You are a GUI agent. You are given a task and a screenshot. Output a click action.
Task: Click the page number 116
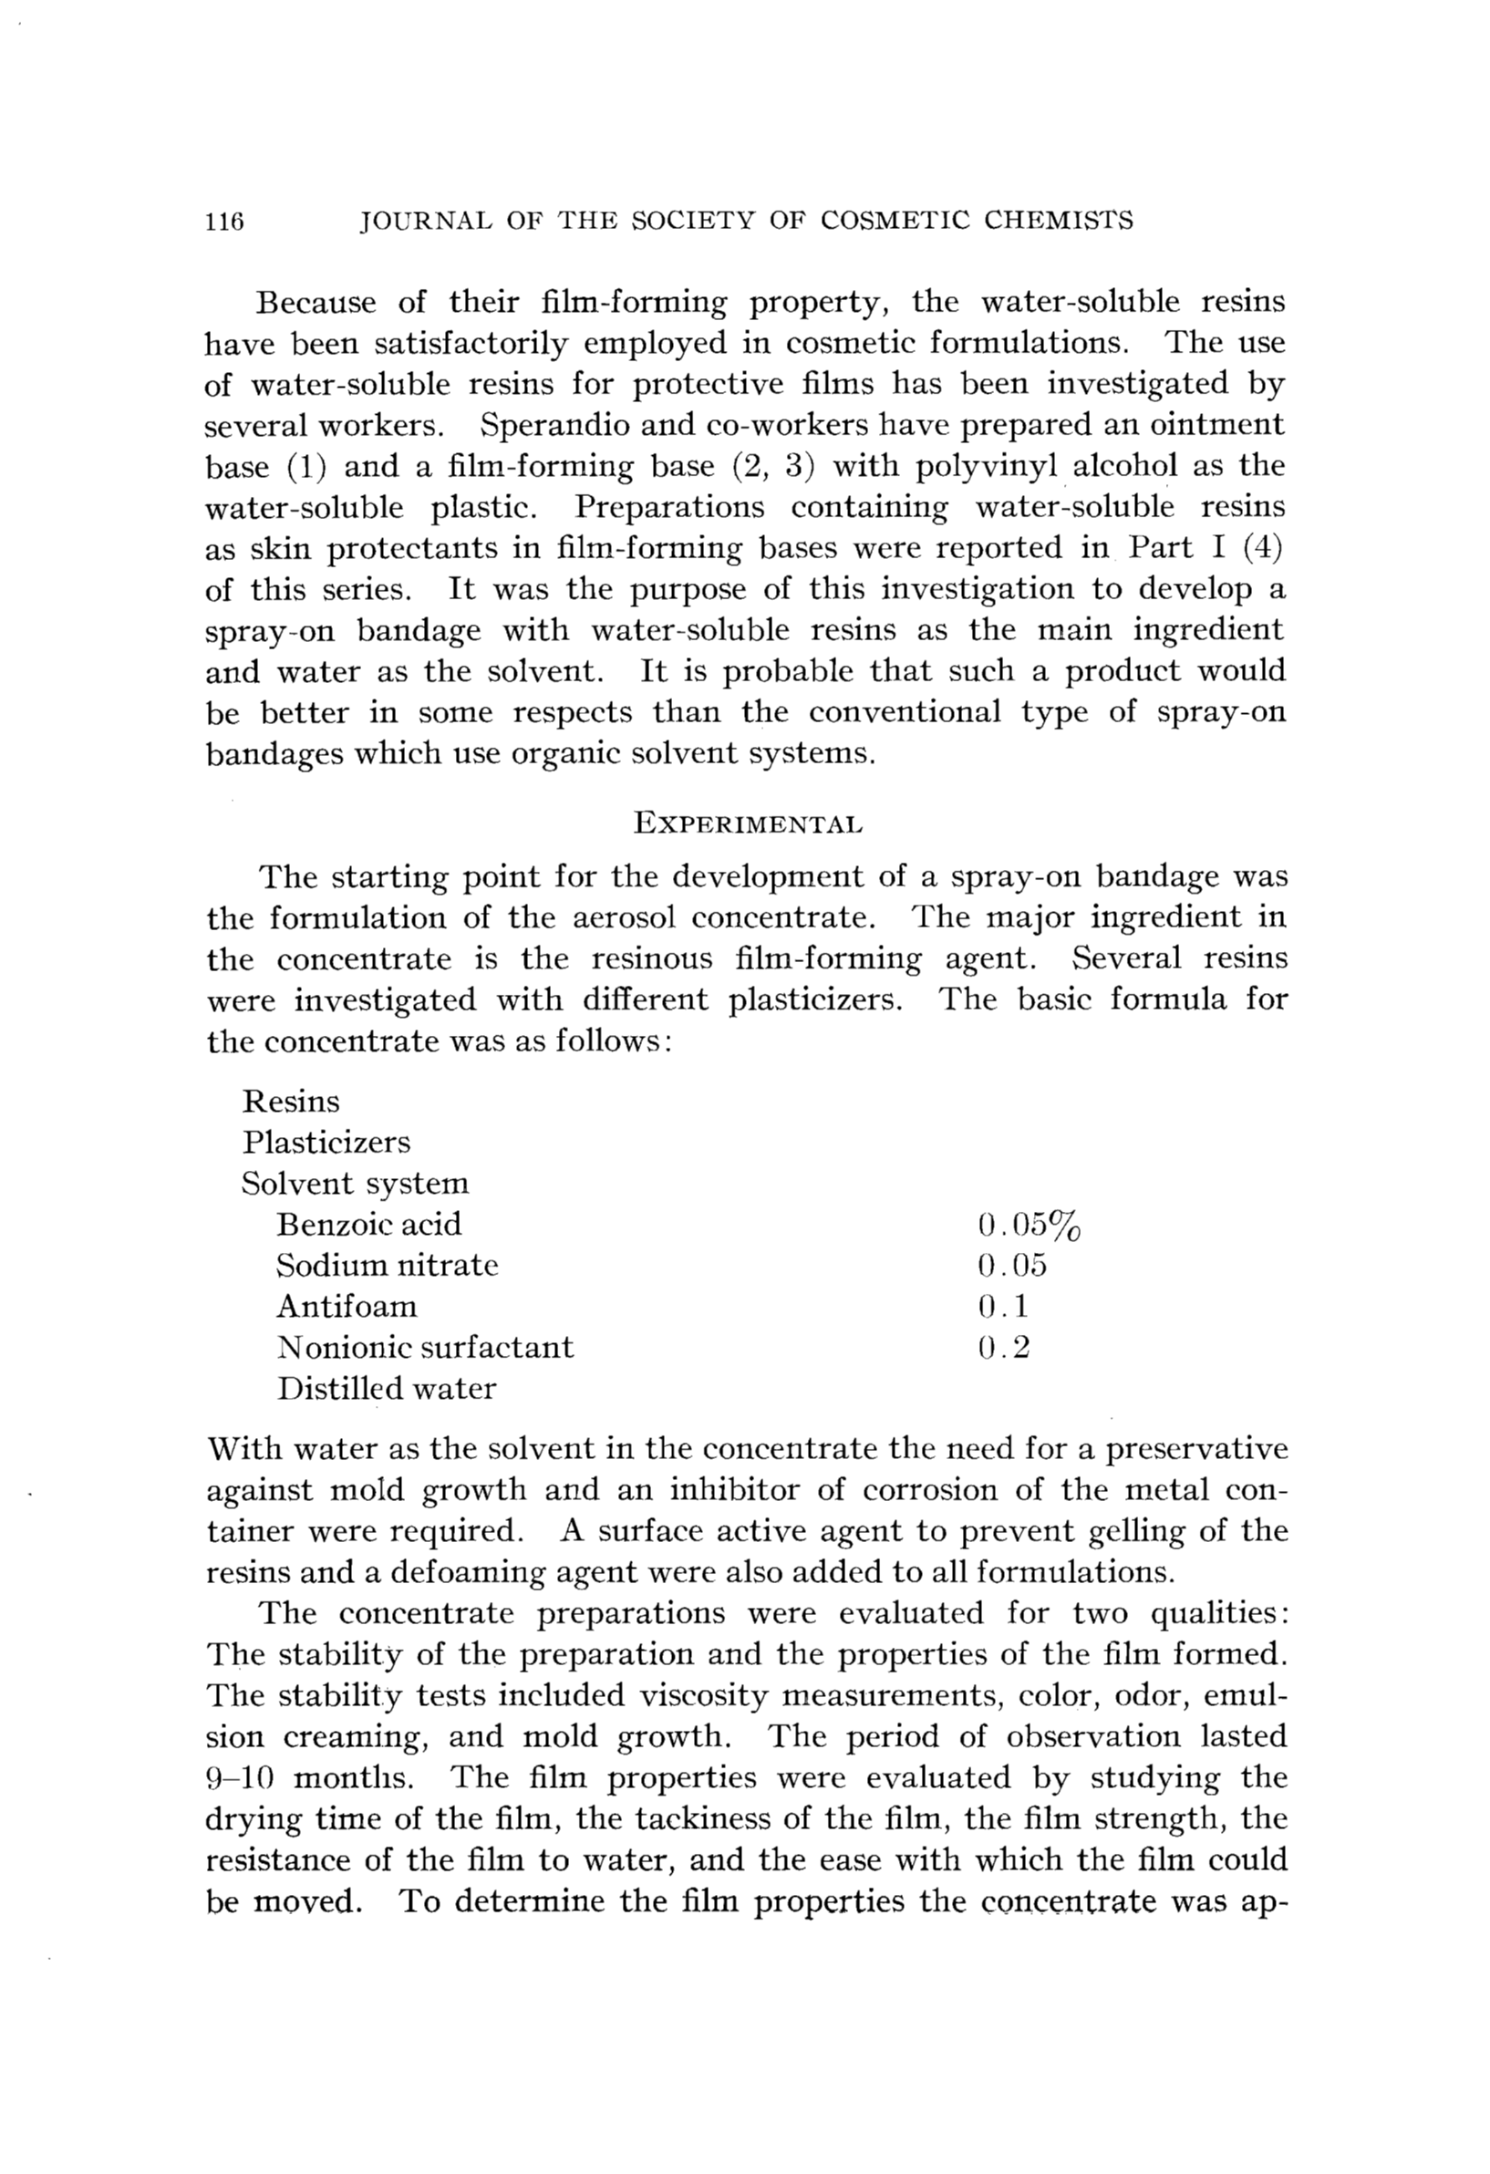pyautogui.click(x=224, y=222)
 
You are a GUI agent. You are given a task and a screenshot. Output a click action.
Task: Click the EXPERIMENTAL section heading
pyautogui.click(x=748, y=824)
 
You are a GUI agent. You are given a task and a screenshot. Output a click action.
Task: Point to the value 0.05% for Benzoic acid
pyautogui.click(x=1029, y=1225)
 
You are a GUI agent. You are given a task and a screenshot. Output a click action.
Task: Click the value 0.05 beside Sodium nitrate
pyautogui.click(x=1012, y=1266)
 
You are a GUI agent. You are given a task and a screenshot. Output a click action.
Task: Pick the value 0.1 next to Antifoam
pyautogui.click(x=1003, y=1307)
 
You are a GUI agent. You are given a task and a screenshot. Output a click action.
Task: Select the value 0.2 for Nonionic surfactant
pyautogui.click(x=1004, y=1348)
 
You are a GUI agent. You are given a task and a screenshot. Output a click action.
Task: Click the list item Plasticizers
pyautogui.click(x=326, y=1143)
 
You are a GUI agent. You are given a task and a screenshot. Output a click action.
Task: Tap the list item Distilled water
pyautogui.click(x=387, y=1388)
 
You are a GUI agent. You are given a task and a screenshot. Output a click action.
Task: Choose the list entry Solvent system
pyautogui.click(x=356, y=1184)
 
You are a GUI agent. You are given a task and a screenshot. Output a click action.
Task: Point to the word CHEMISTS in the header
pyautogui.click(x=1059, y=221)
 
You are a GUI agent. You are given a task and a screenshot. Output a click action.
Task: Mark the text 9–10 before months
pyautogui.click(x=238, y=1777)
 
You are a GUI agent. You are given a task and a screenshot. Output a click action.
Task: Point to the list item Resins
pyautogui.click(x=291, y=1101)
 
